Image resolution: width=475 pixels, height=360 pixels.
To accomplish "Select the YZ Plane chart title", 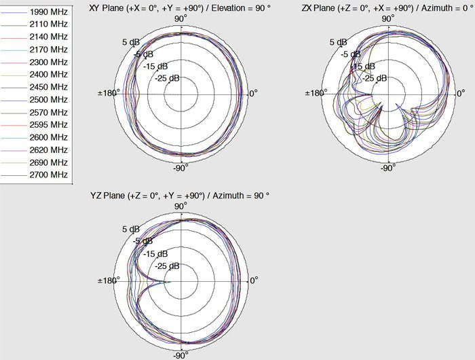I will (180, 195).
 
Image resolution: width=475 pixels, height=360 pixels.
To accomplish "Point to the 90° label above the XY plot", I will (180, 18).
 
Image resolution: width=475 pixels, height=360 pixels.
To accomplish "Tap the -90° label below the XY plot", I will (179, 167).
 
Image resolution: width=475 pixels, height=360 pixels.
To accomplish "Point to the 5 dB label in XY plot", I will (130, 42).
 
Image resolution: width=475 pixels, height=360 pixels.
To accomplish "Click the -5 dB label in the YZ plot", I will (142, 241).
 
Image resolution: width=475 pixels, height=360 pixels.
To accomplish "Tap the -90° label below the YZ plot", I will (179, 355).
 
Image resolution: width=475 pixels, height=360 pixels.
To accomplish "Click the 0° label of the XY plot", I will (252, 93).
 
